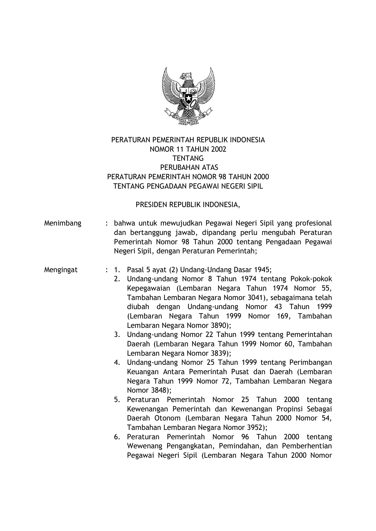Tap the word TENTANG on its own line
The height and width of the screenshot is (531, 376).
click(188, 158)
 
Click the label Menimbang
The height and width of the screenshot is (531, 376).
click(63, 223)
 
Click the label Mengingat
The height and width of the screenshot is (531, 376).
click(61, 270)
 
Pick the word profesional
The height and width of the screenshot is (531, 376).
click(314, 223)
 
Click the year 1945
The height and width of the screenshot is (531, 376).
click(262, 270)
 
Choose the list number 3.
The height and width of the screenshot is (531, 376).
click(117, 335)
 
